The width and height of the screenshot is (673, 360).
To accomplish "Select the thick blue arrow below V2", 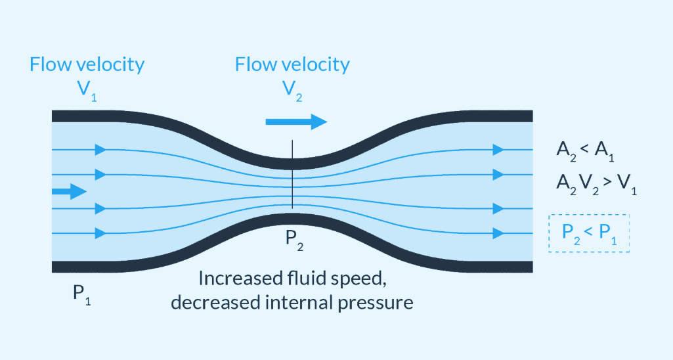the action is click(297, 122).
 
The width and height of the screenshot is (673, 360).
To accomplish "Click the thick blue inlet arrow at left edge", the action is click(69, 191).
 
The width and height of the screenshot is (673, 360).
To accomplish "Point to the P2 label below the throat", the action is click(294, 240).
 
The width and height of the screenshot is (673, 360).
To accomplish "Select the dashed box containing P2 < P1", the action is click(589, 233).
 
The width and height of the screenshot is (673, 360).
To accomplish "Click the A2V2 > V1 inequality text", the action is click(597, 185).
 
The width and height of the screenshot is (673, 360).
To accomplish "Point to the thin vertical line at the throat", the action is click(293, 174).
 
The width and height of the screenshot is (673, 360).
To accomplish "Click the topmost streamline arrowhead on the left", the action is click(100, 150).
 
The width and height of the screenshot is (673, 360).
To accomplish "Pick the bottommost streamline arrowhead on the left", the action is click(100, 233).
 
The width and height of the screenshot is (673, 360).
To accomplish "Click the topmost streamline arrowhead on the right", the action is click(498, 150).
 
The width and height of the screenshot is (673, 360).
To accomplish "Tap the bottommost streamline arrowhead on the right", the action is click(498, 233).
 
